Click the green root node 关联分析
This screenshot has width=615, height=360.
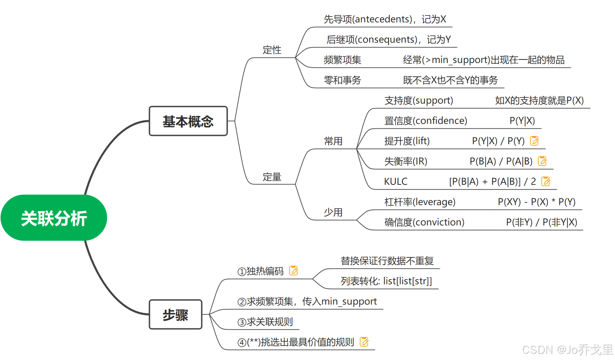[54, 218]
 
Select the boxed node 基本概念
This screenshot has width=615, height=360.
[188, 121]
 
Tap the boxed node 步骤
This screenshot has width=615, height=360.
[175, 315]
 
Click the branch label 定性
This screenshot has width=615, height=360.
[272, 50]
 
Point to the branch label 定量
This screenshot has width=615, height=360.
[272, 177]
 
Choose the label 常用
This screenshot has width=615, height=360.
[333, 141]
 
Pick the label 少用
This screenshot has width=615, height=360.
[333, 212]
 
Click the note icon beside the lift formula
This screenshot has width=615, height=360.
[534, 141]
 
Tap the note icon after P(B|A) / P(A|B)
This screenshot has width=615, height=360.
[542, 161]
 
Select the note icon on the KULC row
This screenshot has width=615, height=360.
[546, 181]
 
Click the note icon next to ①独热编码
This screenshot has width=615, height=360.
[293, 271]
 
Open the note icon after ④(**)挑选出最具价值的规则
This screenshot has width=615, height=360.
[364, 342]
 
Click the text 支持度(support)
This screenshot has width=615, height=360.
[419, 100]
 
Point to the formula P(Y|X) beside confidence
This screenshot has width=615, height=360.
[522, 121]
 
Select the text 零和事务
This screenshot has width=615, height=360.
[342, 80]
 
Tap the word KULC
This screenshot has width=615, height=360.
[396, 181]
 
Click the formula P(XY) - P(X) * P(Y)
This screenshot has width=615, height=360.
[536, 202]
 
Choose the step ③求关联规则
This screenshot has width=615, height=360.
[265, 322]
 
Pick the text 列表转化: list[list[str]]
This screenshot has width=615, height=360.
[386, 281]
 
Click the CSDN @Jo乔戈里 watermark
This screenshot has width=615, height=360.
[567, 350]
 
